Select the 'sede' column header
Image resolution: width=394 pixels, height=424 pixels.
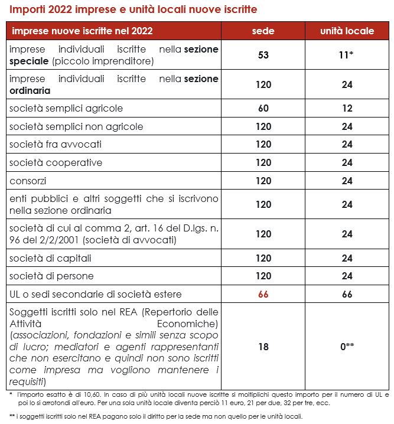pos(263,31)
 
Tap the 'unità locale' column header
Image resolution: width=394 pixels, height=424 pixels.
pos(347,31)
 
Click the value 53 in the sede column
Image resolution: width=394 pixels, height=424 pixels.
pos(263,55)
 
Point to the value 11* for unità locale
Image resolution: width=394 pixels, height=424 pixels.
pos(347,55)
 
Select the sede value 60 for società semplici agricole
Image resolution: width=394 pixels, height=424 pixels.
pos(263,108)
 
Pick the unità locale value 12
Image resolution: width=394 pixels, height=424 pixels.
pos(347,108)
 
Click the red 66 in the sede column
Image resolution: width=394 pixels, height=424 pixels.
pos(263,294)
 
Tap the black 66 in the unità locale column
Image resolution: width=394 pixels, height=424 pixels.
pos(347,294)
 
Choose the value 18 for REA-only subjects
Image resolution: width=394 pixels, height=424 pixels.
pos(263,347)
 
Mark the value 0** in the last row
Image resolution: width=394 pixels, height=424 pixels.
pos(347,347)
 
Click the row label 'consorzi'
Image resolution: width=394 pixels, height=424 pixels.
pos(28,180)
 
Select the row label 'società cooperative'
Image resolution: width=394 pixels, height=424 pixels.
pos(56,162)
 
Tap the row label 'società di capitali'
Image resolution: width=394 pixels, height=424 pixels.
pos(50,258)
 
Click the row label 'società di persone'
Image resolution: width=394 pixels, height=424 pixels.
pos(51,276)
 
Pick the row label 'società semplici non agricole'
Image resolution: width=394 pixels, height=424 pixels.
pos(76,126)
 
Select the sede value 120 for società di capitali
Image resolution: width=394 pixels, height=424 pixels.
pos(263,258)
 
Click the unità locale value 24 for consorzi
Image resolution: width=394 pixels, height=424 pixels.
pos(347,180)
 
